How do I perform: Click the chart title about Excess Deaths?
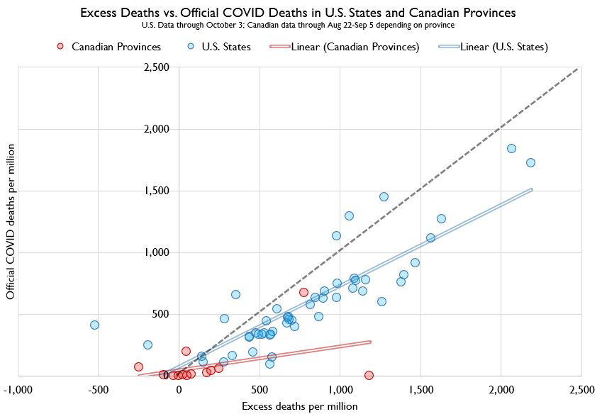point(298,13)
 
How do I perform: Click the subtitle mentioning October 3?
point(298,25)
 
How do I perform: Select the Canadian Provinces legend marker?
point(61,47)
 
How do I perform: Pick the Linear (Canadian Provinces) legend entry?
point(344,47)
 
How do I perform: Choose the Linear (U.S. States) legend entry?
point(493,47)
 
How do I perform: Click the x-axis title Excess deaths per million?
point(300,406)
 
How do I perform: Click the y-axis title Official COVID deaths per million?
point(11,220)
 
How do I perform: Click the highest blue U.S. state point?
point(511,148)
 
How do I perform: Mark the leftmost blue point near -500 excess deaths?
point(94,325)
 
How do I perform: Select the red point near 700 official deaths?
point(303,292)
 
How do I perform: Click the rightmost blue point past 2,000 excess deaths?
point(530,162)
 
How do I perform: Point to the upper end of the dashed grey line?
point(578,69)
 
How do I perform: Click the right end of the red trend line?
point(371,342)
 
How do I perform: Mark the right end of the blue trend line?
point(531,189)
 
